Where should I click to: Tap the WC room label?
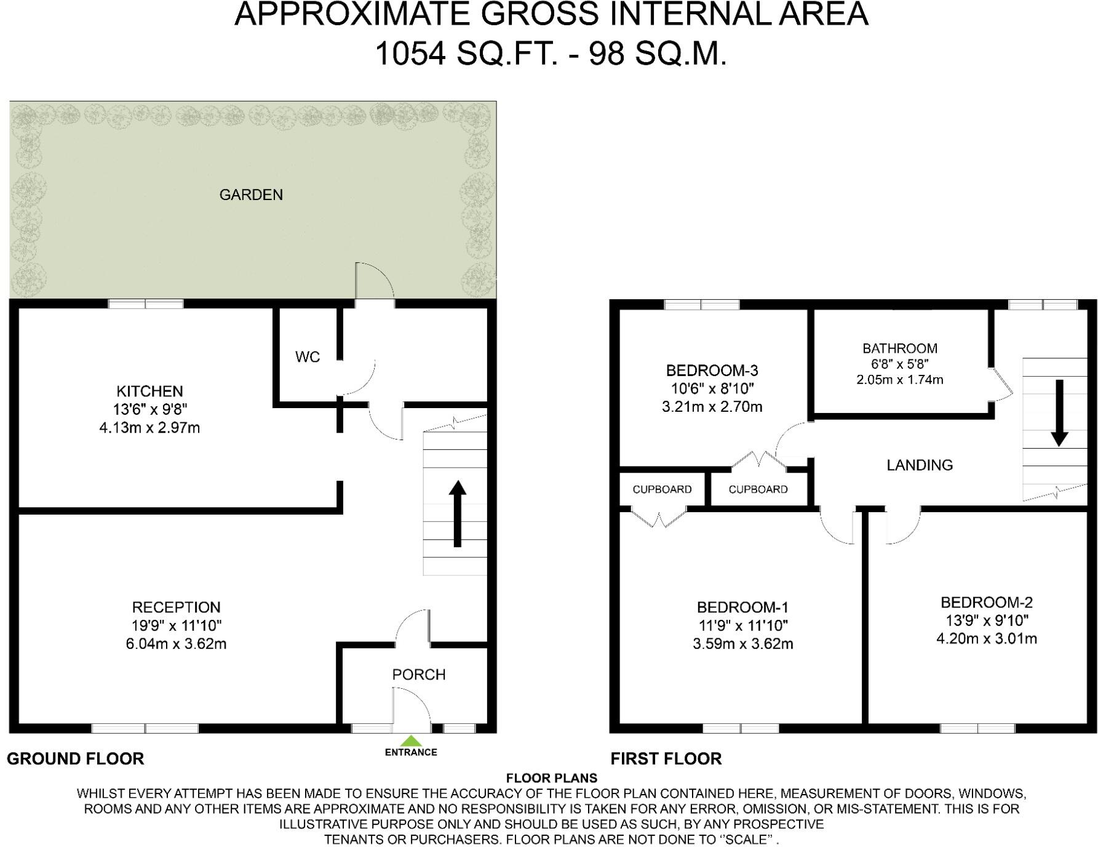(308, 357)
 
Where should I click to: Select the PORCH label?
(419, 675)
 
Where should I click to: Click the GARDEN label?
(251, 195)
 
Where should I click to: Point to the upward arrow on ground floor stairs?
(457, 513)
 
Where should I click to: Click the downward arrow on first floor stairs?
(1059, 413)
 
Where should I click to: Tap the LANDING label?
(920, 465)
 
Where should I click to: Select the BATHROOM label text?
(900, 348)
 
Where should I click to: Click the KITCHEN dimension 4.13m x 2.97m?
(149, 427)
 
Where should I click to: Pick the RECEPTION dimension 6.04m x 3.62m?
(176, 644)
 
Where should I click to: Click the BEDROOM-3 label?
(712, 371)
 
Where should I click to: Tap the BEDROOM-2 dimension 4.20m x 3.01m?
(987, 639)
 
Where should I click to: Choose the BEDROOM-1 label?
(742, 608)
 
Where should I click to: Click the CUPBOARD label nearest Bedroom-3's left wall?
(662, 489)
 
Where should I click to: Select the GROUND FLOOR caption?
(76, 758)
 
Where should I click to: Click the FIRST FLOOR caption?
(666, 758)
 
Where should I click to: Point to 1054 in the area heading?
(410, 54)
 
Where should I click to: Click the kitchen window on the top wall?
(146, 303)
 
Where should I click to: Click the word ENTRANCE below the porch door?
(411, 752)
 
